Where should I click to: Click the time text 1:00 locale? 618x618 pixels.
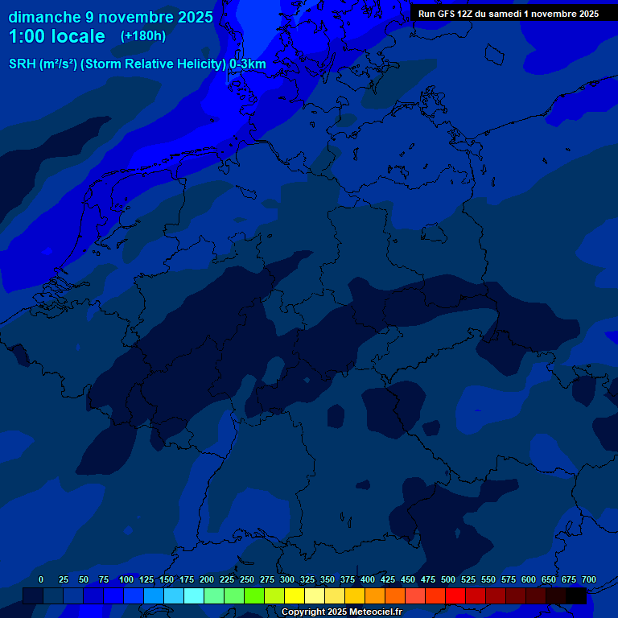pos(56,36)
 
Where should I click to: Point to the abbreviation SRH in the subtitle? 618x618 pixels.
pos(23,64)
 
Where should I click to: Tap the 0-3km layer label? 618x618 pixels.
pos(248,64)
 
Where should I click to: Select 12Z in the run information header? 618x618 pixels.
pos(465,14)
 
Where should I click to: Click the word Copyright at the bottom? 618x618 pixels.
pos(305,612)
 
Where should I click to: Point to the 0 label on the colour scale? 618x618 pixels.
pos(41,579)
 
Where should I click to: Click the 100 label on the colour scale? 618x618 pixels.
pos(126,579)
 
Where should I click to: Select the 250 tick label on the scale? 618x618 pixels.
pos(247,579)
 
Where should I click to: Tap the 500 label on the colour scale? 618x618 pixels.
pos(448,579)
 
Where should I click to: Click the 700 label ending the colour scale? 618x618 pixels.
pos(589,579)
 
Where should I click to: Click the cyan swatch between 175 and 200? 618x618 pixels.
pos(193,595)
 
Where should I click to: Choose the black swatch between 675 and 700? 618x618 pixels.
pos(575,595)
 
